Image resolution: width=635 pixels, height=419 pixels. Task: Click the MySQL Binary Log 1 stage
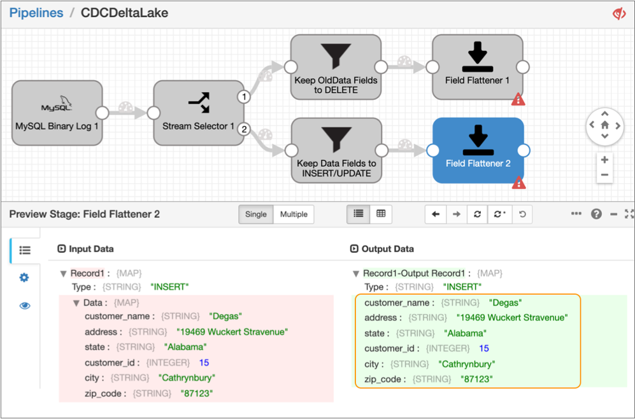coord(57,113)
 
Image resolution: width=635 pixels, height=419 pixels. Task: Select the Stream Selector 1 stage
coord(199,113)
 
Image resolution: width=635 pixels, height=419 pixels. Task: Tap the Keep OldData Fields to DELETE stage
coord(336,67)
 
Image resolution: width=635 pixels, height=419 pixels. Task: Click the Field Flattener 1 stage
coord(478,67)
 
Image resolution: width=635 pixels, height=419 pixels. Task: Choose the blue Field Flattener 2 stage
coord(478,150)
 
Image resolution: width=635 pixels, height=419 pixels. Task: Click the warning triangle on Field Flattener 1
coord(518,99)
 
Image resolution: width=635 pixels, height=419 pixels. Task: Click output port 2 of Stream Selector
coord(244,129)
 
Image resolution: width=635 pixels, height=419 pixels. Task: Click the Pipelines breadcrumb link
coord(36,13)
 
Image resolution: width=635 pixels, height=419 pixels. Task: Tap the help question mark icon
coord(596,214)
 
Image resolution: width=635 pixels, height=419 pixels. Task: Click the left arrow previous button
coord(436,214)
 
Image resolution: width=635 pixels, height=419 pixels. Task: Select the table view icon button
coord(381,214)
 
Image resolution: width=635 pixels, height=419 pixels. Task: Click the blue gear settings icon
coord(24,278)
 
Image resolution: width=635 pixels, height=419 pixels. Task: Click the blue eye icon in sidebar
coord(25,306)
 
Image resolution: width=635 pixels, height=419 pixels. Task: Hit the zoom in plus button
coord(604,159)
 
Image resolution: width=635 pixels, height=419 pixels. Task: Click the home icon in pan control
coord(604,125)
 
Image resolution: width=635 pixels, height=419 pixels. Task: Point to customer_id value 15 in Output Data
coord(484,348)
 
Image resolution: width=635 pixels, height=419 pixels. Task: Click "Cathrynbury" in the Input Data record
coord(186,378)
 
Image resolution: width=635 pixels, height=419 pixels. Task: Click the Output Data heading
coord(388,248)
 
